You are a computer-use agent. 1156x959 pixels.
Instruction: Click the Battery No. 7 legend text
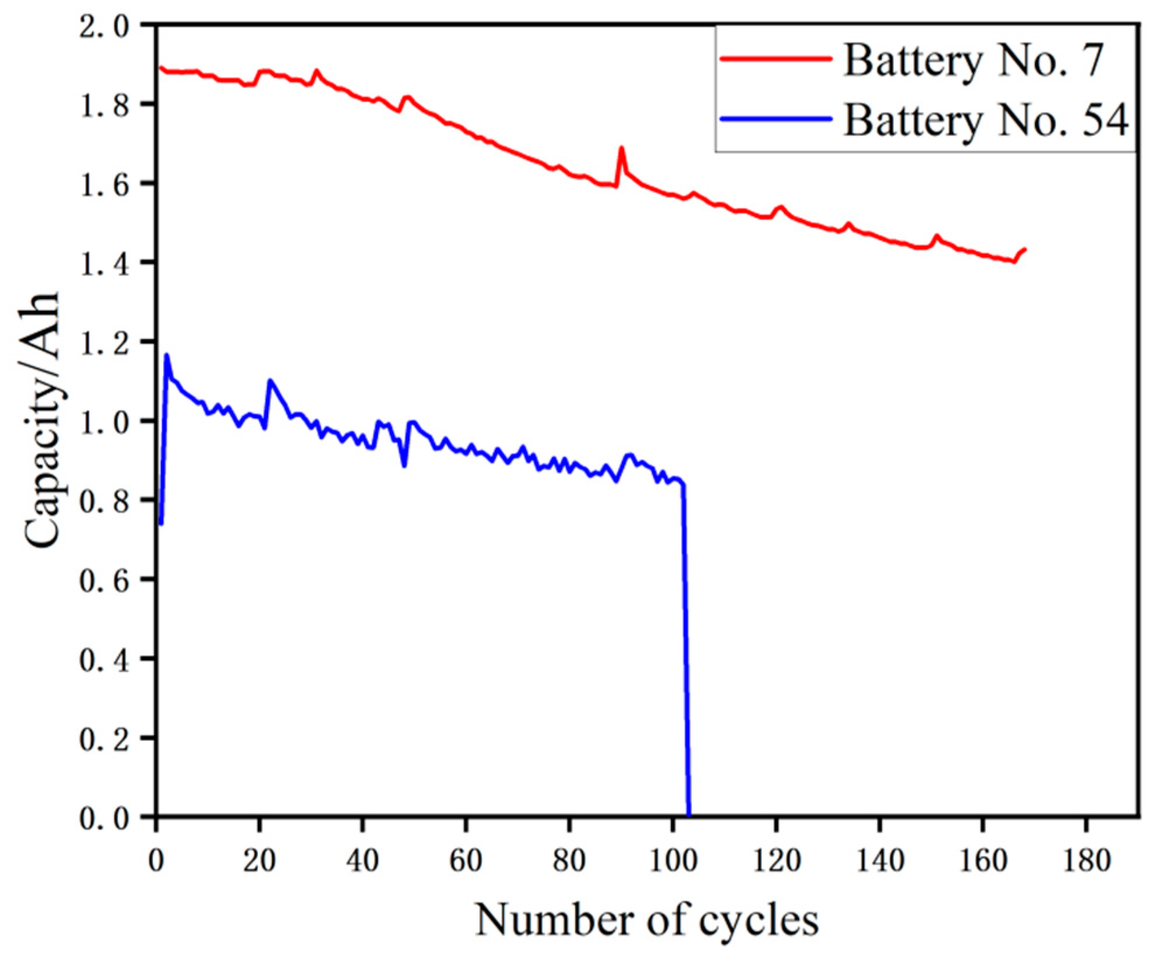point(973,61)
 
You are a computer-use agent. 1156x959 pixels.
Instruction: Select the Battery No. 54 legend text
point(986,121)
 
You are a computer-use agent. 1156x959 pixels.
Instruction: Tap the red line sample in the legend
point(776,58)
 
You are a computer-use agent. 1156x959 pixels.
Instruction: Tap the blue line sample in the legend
point(776,119)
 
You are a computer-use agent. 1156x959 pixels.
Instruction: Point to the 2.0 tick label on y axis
point(104,27)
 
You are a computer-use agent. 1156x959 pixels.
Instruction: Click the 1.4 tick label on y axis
point(104,264)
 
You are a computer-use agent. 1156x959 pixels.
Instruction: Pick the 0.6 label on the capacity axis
point(104,580)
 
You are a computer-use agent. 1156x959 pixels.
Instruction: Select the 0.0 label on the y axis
point(104,818)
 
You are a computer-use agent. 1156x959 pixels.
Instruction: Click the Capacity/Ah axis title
point(43,420)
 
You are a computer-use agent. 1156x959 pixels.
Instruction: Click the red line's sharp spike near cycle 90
point(621,148)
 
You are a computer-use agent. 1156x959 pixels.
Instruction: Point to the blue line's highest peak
point(167,355)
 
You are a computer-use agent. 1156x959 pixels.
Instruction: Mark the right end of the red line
point(1024,250)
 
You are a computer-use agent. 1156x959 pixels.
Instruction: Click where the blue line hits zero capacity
point(689,814)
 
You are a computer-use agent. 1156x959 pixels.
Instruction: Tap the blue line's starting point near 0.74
point(161,523)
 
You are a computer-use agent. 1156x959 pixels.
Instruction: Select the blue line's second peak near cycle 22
point(270,381)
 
